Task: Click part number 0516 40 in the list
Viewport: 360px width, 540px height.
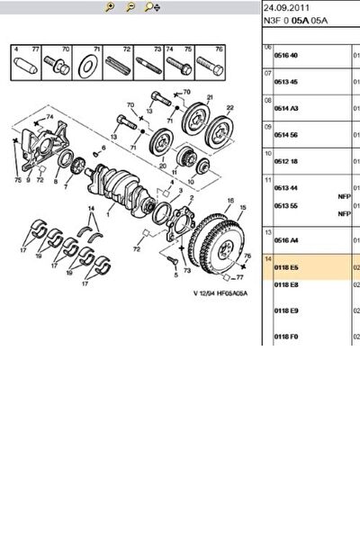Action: click(285, 55)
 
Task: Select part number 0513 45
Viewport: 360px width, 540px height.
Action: click(285, 82)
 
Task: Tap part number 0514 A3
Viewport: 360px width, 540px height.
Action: click(285, 108)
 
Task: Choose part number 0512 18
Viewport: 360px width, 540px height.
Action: click(285, 161)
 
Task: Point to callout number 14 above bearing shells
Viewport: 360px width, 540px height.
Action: click(90, 209)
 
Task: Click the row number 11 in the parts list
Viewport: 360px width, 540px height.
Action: click(267, 180)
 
